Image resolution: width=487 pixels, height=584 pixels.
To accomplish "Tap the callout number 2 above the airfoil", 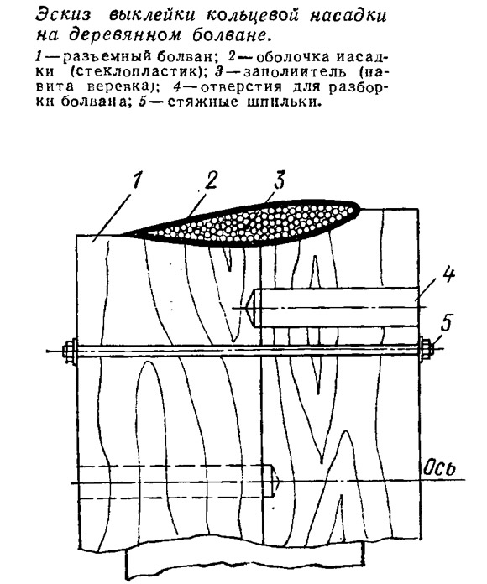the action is [x=210, y=180].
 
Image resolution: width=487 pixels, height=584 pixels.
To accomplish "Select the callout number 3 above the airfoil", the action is [x=278, y=180].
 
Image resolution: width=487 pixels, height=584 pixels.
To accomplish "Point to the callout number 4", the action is [x=448, y=275].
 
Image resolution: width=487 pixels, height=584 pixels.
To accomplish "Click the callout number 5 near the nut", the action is [x=447, y=323].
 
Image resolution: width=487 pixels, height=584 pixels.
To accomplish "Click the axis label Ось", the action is [x=440, y=468].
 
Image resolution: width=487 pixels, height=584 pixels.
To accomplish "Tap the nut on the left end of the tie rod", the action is [x=71, y=351].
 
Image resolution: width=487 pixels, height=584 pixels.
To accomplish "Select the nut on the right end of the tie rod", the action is [x=426, y=349].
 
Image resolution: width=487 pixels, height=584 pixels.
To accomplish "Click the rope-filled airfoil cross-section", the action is [x=242, y=223].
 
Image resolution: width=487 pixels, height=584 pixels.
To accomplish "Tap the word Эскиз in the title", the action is [x=63, y=16].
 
